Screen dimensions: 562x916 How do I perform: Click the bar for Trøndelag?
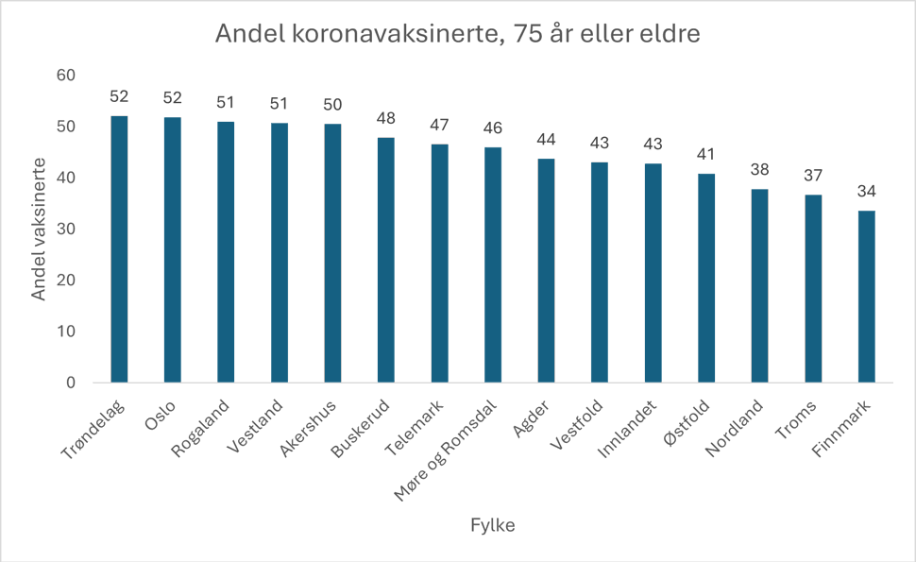tap(119, 249)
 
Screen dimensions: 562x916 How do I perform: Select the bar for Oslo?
tap(172, 250)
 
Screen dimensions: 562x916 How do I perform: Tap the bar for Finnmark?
tap(866, 297)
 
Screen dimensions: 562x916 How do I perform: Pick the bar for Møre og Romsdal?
tap(492, 265)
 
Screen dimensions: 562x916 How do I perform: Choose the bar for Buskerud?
tap(385, 261)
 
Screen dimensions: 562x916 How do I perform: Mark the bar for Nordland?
tap(759, 286)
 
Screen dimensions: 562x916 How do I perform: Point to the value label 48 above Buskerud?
tap(385, 119)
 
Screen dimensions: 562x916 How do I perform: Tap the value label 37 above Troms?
tap(813, 176)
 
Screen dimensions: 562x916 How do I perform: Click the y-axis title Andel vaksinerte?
tap(39, 229)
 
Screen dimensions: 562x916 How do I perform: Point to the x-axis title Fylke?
tap(492, 526)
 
